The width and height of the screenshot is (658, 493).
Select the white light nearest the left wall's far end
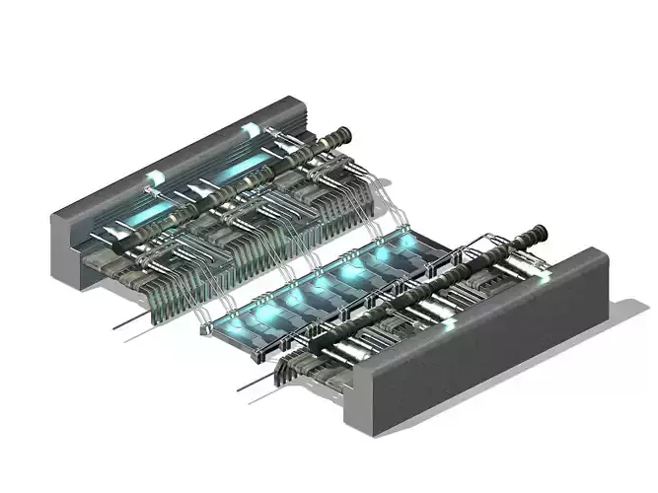tap(251, 129)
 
